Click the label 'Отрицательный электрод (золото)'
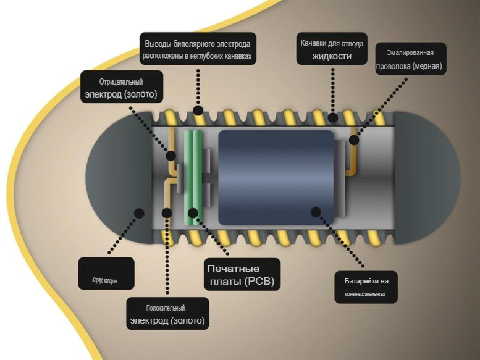(x=122, y=87)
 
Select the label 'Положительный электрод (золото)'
(x=167, y=314)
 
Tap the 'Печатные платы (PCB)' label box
(x=242, y=275)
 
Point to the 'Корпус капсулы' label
(x=106, y=274)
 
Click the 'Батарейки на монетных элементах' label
(x=365, y=287)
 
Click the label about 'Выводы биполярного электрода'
(x=198, y=49)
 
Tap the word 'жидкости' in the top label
(x=332, y=56)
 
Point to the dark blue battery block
(x=275, y=177)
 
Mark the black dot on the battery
(x=316, y=211)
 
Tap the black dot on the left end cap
(x=139, y=212)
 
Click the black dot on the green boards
(x=193, y=213)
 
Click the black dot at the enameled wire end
(x=354, y=140)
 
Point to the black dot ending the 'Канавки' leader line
(x=332, y=117)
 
